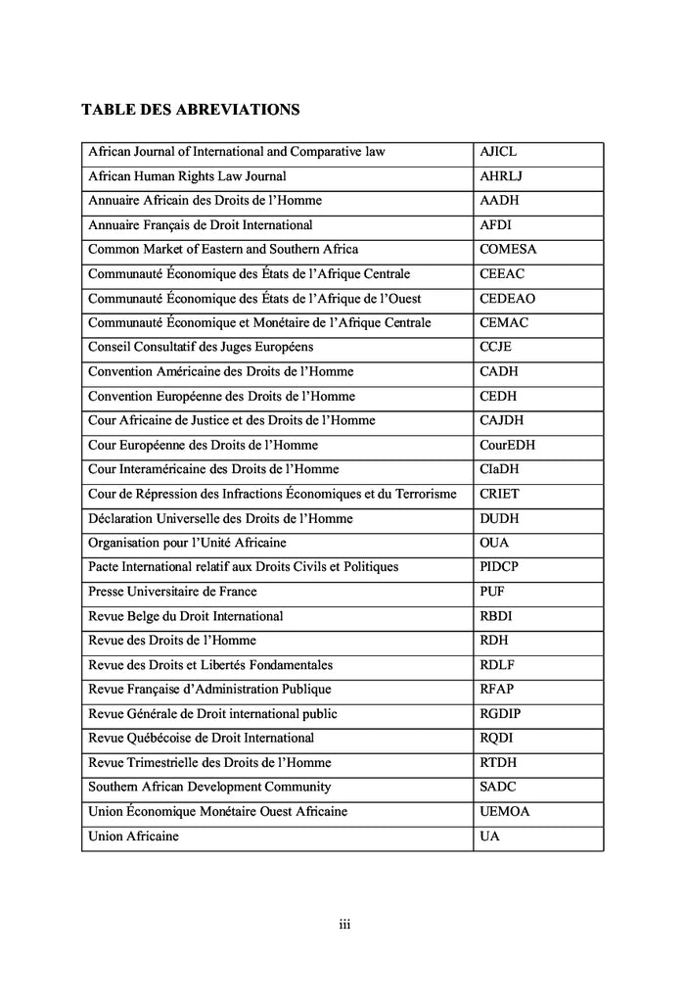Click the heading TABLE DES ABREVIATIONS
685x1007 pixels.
pyautogui.click(x=190, y=110)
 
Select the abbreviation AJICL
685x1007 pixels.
pyautogui.click(x=498, y=153)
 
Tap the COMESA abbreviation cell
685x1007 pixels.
pyautogui.click(x=508, y=250)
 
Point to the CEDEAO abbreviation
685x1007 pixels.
pyautogui.click(x=507, y=299)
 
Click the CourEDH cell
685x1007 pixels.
pyautogui.click(x=507, y=446)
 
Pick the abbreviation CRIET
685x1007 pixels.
pyautogui.click(x=500, y=494)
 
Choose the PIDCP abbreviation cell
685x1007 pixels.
pyautogui.click(x=500, y=567)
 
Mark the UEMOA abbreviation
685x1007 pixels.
pyautogui.click(x=505, y=812)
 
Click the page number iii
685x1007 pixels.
pyautogui.click(x=344, y=925)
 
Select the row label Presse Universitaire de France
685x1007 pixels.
pyautogui.click(x=173, y=592)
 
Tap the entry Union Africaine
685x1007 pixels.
pyautogui.click(x=134, y=837)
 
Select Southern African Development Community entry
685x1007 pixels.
pyautogui.click(x=209, y=787)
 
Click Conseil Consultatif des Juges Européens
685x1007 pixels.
pyautogui.click(x=201, y=348)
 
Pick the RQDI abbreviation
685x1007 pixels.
pyautogui.click(x=497, y=738)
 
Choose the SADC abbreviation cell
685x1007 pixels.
pyautogui.click(x=498, y=787)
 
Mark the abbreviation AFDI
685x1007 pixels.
pyautogui.click(x=496, y=225)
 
